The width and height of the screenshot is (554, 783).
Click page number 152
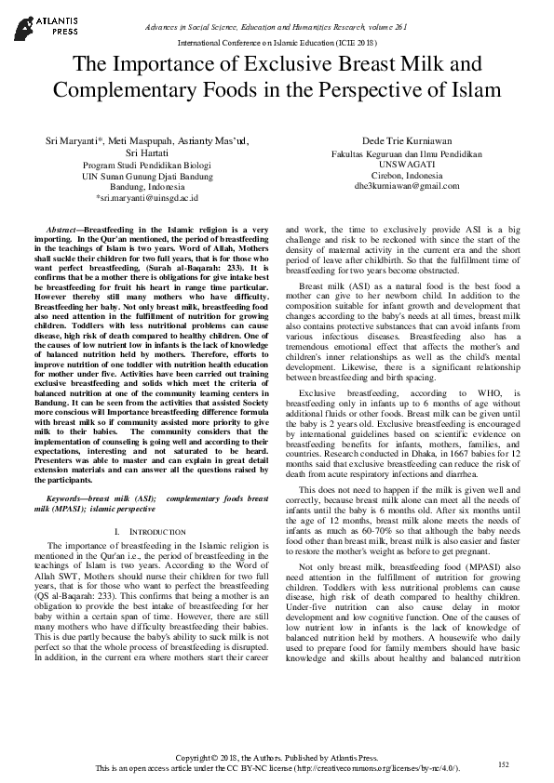(504, 763)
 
